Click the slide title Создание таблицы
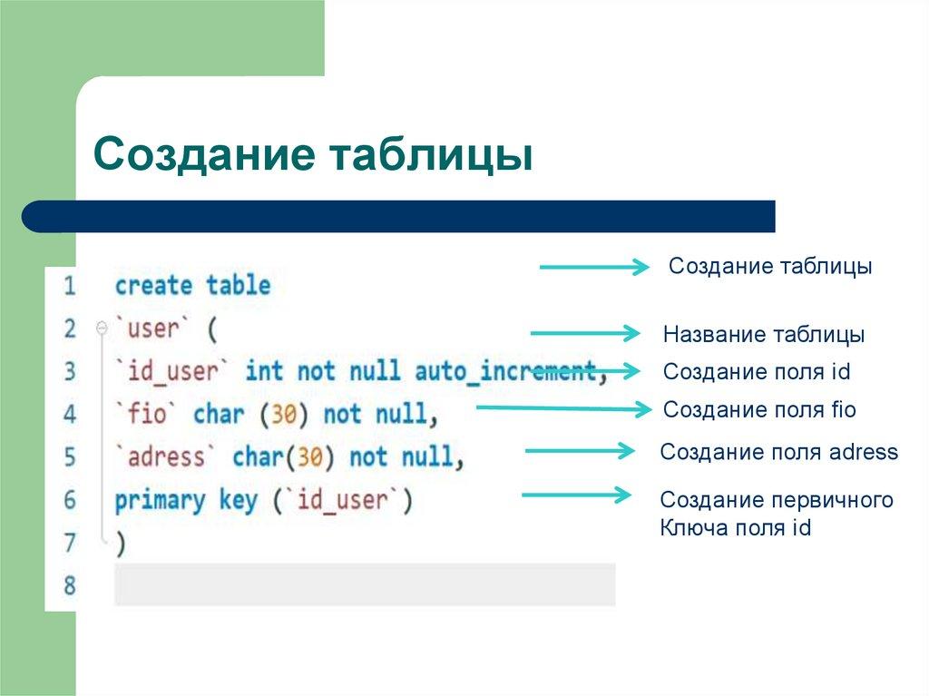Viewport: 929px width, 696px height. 312,153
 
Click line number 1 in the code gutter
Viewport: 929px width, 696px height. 70,286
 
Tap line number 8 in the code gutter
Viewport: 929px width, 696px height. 70,585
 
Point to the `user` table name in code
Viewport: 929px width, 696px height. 151,328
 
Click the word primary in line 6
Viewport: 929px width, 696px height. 160,500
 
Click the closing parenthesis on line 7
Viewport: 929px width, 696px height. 120,543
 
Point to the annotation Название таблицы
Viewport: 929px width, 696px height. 763,335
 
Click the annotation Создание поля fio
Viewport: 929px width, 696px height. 759,409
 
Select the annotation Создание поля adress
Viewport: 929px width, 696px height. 778,452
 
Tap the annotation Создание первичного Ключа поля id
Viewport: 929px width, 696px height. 776,514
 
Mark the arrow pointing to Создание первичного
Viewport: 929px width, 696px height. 575,495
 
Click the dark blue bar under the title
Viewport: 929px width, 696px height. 399,216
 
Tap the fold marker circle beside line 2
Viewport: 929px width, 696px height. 102,327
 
